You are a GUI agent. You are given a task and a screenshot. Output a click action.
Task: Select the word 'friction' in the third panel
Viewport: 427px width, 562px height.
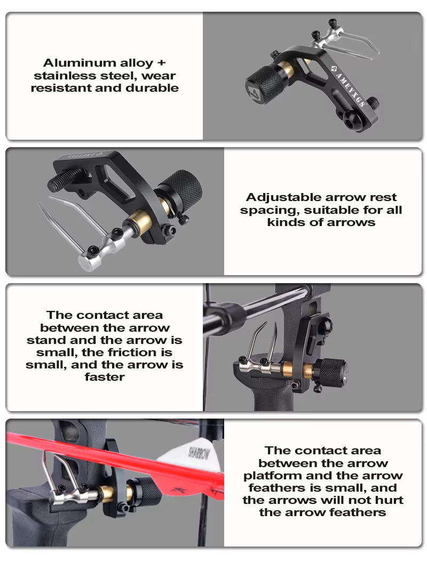coord(131,352)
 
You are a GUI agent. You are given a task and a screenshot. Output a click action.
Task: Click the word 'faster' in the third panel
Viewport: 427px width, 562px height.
coord(105,377)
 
